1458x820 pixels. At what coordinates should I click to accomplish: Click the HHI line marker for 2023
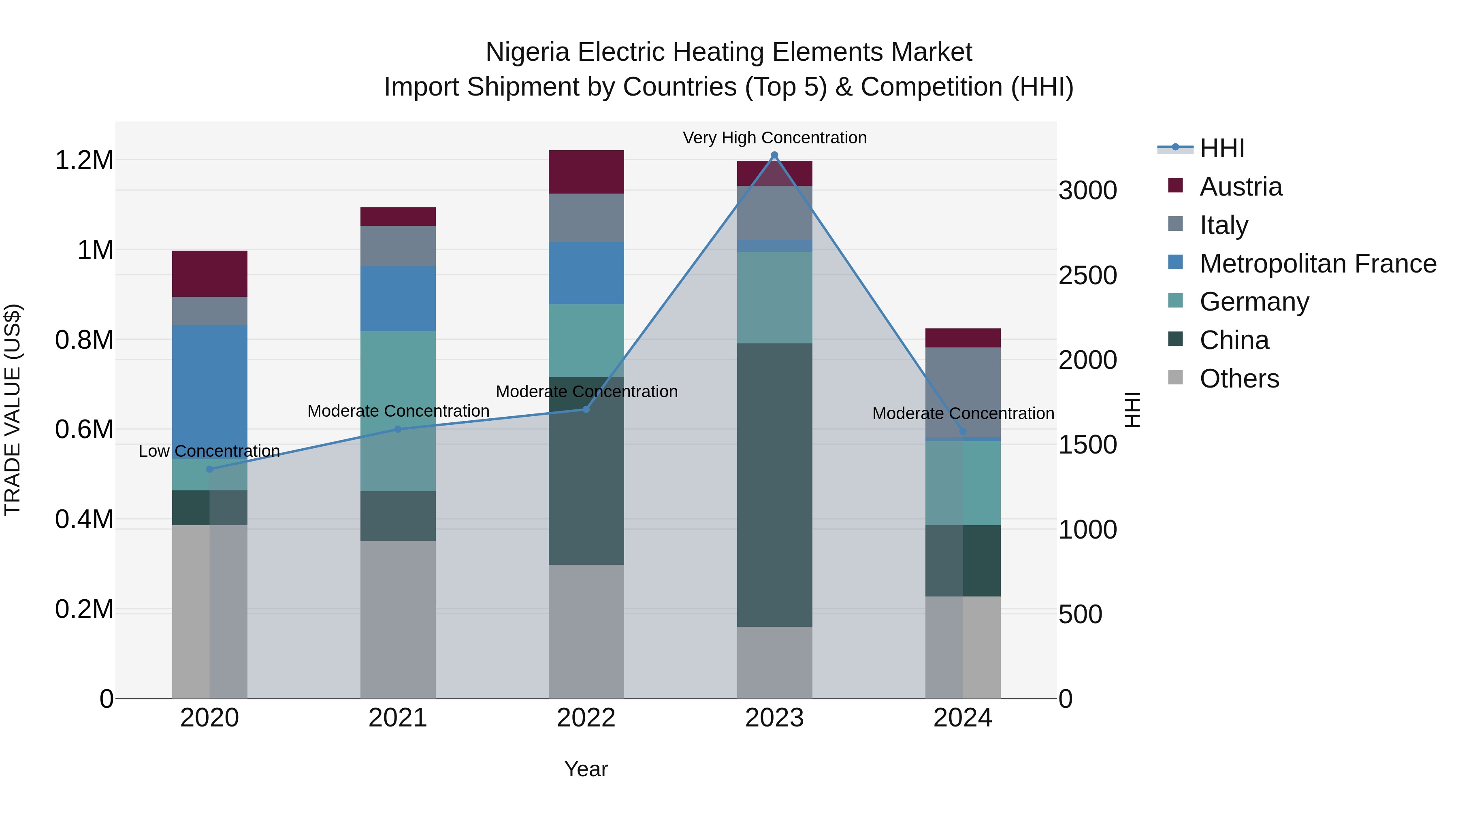pyautogui.click(x=774, y=155)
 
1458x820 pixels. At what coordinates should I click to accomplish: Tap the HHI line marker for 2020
pyautogui.click(x=209, y=469)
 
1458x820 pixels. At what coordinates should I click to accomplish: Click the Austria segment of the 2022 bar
pyautogui.click(x=586, y=172)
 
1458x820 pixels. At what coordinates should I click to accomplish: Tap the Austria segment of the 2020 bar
pyautogui.click(x=209, y=273)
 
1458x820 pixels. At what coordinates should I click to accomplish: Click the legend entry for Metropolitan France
pyautogui.click(x=1317, y=264)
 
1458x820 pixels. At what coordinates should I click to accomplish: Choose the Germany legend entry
pyautogui.click(x=1254, y=302)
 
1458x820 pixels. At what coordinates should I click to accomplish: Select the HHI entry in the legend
pyautogui.click(x=1221, y=148)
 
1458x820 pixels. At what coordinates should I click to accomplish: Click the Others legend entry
pyautogui.click(x=1239, y=379)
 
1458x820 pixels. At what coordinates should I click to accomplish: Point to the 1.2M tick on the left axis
pyautogui.click(x=84, y=160)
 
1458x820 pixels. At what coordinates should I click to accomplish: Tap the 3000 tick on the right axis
pyautogui.click(x=1088, y=191)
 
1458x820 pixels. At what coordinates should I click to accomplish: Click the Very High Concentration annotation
pyautogui.click(x=774, y=138)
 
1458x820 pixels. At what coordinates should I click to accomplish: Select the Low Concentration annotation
pyautogui.click(x=209, y=451)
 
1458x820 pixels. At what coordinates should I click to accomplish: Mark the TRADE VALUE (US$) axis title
pyautogui.click(x=13, y=410)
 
